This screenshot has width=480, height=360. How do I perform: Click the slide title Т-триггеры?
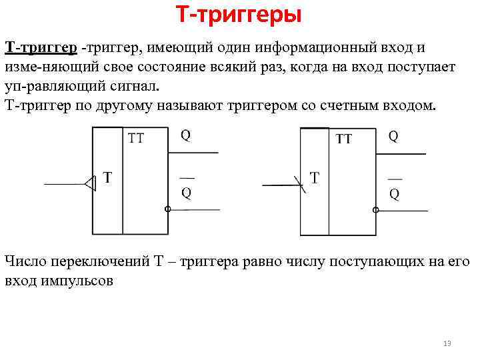[x=239, y=14]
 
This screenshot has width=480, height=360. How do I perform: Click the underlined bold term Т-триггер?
[x=41, y=48]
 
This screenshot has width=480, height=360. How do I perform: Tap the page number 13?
[x=447, y=344]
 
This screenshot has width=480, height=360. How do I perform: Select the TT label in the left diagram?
[x=136, y=139]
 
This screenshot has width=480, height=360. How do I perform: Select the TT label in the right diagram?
[x=344, y=139]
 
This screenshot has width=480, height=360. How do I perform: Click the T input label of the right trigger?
[x=315, y=178]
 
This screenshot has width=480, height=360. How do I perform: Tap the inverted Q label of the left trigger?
[x=186, y=192]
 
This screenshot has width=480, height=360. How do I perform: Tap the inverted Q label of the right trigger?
[x=394, y=193]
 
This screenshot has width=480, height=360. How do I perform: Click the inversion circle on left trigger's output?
[x=167, y=209]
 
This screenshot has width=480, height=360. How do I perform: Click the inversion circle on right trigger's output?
[x=375, y=210]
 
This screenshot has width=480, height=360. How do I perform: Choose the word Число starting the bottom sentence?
[x=23, y=261]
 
